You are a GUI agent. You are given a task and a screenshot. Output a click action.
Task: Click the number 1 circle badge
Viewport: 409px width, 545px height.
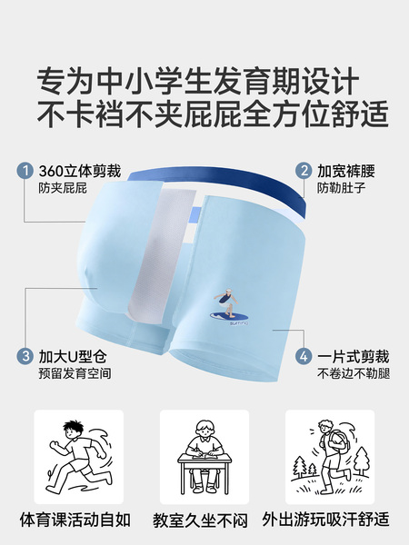[x=25, y=171]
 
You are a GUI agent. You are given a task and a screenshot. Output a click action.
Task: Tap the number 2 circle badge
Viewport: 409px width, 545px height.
[x=304, y=171]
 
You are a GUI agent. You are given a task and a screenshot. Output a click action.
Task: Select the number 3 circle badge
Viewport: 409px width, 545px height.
[x=25, y=356]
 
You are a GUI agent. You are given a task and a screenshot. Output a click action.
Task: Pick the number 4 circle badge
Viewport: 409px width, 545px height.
[x=304, y=356]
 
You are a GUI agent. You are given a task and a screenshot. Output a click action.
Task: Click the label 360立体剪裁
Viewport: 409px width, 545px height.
[x=80, y=171]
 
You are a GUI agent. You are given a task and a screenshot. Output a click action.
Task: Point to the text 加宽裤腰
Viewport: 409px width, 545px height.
[x=346, y=171]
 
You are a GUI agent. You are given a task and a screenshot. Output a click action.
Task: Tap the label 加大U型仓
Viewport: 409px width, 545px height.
[x=73, y=357]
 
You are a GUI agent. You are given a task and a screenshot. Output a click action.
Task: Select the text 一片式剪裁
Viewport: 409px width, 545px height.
[x=353, y=357]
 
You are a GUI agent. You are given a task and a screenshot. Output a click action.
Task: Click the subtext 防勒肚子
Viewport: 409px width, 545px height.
[x=341, y=188]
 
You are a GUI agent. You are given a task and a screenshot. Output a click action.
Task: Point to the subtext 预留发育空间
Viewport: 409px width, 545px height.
[x=75, y=373]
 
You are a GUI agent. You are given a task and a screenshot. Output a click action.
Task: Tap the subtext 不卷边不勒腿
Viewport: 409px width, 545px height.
[x=354, y=373]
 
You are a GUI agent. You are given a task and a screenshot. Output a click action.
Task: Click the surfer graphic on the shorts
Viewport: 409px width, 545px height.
[x=229, y=307]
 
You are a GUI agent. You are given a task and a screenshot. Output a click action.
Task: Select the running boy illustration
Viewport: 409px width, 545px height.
[x=79, y=457]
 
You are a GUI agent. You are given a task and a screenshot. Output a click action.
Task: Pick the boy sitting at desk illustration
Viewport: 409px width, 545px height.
[x=204, y=457]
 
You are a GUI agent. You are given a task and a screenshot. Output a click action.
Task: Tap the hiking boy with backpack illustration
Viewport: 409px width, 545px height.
[x=330, y=457]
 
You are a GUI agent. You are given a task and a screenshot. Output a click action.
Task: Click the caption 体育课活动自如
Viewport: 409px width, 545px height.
[x=75, y=520]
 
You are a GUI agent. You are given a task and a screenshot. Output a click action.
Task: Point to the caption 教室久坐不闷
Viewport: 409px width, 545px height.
[x=200, y=520]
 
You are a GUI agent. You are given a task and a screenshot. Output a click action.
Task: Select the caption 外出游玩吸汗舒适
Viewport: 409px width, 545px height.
[x=325, y=520]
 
